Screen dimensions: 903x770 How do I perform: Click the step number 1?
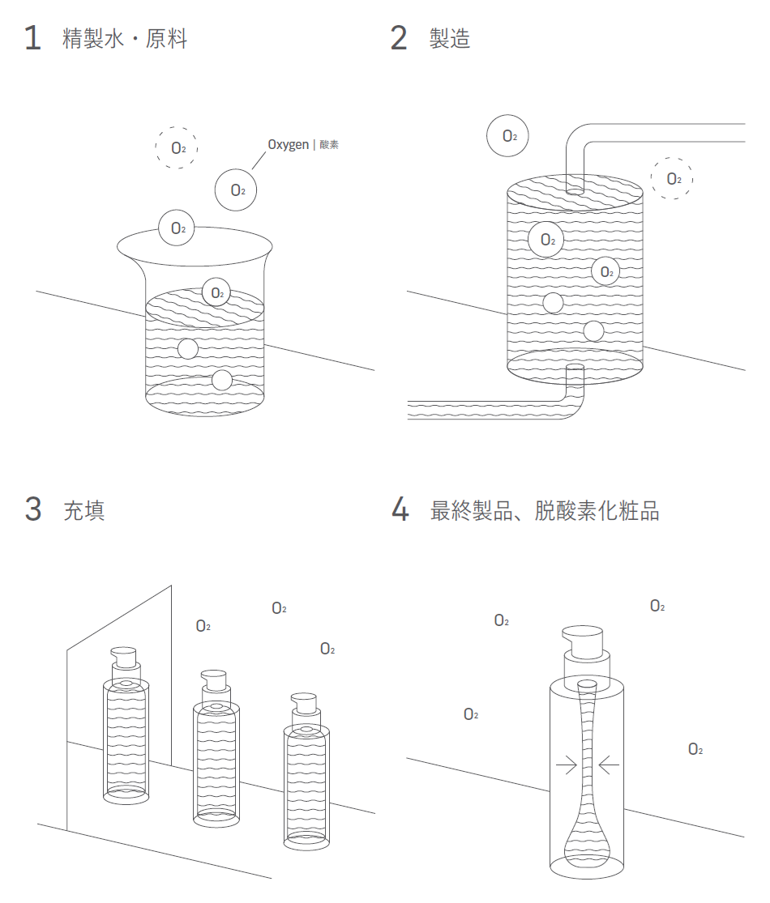pyautogui.click(x=32, y=38)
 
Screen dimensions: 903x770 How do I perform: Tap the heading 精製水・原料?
pyautogui.click(x=125, y=38)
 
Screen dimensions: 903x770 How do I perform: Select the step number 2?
pyautogui.click(x=399, y=38)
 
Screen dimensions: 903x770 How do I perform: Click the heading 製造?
pyautogui.click(x=450, y=38)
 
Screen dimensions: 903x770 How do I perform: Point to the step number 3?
pyautogui.click(x=32, y=510)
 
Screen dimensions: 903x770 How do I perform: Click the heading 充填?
pyautogui.click(x=84, y=510)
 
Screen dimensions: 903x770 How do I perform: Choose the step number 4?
pyautogui.click(x=400, y=510)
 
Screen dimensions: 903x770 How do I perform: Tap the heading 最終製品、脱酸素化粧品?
pyautogui.click(x=544, y=510)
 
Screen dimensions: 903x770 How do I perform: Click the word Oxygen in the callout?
pyautogui.click(x=288, y=144)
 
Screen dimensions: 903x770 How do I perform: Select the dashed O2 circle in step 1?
pyautogui.click(x=177, y=147)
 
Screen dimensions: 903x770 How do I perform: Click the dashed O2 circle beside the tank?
pyautogui.click(x=672, y=178)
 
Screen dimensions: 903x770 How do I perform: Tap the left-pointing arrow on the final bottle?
pyautogui.click(x=610, y=764)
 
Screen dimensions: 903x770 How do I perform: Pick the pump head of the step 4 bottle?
pyautogui.click(x=584, y=641)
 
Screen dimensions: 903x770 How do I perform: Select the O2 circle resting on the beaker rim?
pyautogui.click(x=178, y=228)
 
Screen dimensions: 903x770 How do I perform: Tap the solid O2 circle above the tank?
pyautogui.click(x=507, y=136)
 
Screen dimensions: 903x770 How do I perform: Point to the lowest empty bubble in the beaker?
pyautogui.click(x=221, y=380)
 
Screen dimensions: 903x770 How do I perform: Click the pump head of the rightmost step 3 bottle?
pyautogui.click(x=305, y=701)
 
